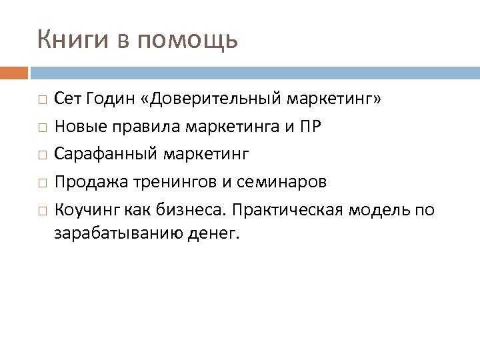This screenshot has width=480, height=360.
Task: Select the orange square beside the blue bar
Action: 14,72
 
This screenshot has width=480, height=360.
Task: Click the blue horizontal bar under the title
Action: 254,72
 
